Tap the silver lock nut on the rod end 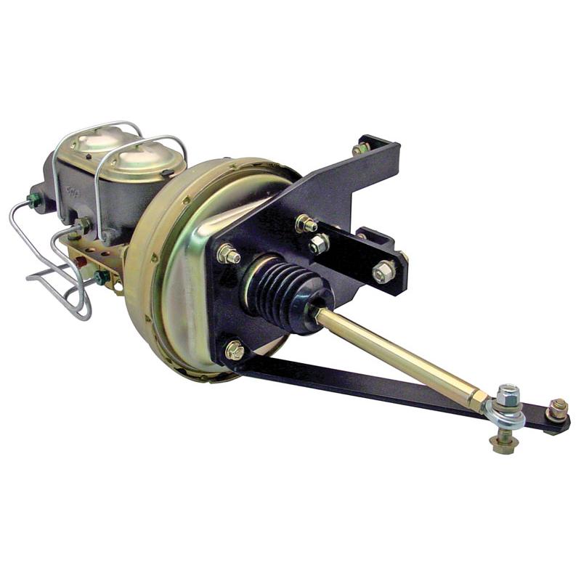(x=508, y=394)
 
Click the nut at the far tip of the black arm (x=557, y=410)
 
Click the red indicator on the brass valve (x=81, y=259)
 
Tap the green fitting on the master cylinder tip (x=33, y=199)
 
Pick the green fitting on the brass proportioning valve (x=102, y=276)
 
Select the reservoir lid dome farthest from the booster (x=97, y=139)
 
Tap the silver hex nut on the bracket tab (x=384, y=270)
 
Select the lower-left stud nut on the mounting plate (x=234, y=351)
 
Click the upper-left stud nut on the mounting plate (x=228, y=254)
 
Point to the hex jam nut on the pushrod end (x=478, y=399)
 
